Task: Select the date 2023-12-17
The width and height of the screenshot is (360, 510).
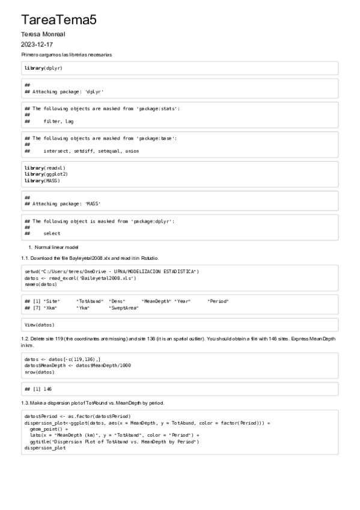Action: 37,45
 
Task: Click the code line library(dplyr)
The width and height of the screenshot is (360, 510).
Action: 43,68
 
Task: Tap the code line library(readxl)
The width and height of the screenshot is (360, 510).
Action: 45,168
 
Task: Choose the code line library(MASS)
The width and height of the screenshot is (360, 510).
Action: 42,180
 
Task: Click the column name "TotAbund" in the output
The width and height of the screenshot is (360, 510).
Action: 90,301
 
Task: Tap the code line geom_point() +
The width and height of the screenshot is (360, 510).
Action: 49,429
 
